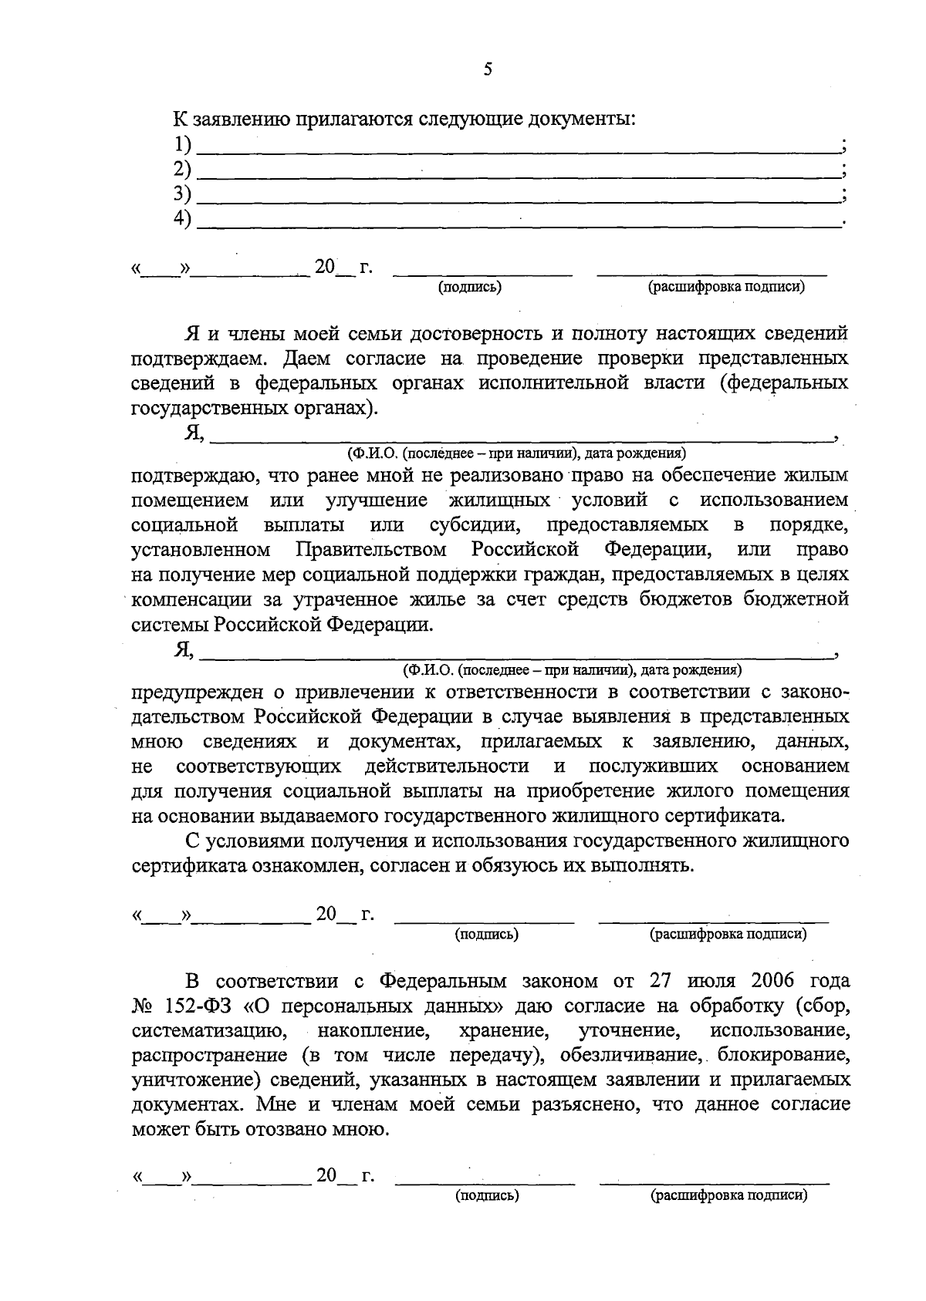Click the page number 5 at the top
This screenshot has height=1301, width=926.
[x=487, y=70]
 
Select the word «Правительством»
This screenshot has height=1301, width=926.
[x=370, y=550]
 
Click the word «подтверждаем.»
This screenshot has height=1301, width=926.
[x=201, y=359]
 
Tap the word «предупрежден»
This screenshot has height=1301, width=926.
[x=193, y=692]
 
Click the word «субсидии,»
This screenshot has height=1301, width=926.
[x=475, y=525]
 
